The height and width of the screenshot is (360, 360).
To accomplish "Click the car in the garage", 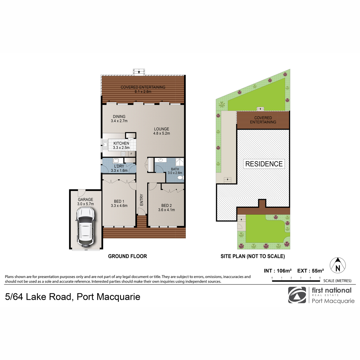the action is click(x=85, y=226).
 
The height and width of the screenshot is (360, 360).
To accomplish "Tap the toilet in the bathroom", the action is click(x=181, y=178).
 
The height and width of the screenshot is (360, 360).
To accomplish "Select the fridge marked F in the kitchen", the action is click(x=131, y=154).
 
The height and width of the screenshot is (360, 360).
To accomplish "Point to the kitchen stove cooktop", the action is click(x=123, y=154).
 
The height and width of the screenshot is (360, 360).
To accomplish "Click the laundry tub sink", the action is click(x=116, y=161).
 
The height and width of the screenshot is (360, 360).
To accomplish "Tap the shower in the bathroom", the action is click(x=180, y=162).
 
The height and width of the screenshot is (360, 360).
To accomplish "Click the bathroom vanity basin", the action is click(x=161, y=160).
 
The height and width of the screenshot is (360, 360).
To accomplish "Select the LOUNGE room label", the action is click(x=162, y=129).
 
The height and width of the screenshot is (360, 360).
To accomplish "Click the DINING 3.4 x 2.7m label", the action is click(x=119, y=118).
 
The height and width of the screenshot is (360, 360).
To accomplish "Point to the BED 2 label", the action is click(x=166, y=205).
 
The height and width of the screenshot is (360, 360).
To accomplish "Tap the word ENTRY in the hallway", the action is click(x=141, y=200).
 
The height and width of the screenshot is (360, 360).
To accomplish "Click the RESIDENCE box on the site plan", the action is click(x=264, y=164).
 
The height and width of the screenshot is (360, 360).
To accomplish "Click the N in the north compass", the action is click(x=337, y=268).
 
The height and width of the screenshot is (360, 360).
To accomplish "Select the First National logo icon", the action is click(x=297, y=295).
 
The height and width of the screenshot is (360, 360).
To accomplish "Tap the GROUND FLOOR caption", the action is click(x=127, y=256).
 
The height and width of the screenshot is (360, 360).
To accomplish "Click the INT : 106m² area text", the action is click(x=277, y=271).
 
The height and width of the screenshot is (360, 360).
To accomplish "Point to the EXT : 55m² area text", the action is click(x=310, y=271).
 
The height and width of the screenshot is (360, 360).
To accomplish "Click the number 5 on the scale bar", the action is click(x=320, y=277).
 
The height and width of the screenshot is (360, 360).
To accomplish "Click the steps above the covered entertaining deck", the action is click(x=139, y=72).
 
